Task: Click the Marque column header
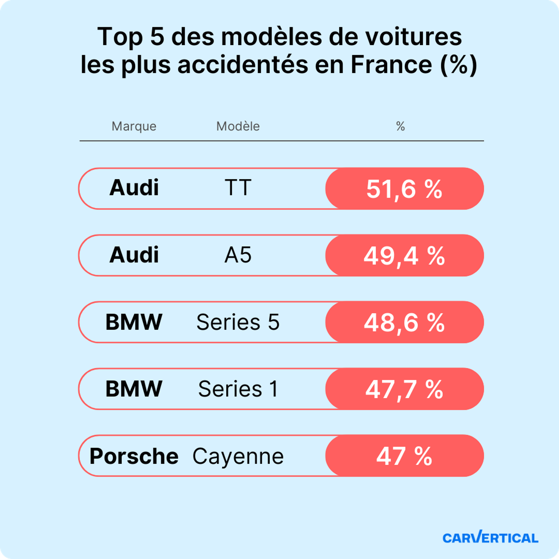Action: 134,127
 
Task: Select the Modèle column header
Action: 238,127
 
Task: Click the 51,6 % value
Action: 404,189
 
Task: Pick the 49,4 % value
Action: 404,256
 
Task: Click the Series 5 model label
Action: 238,322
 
